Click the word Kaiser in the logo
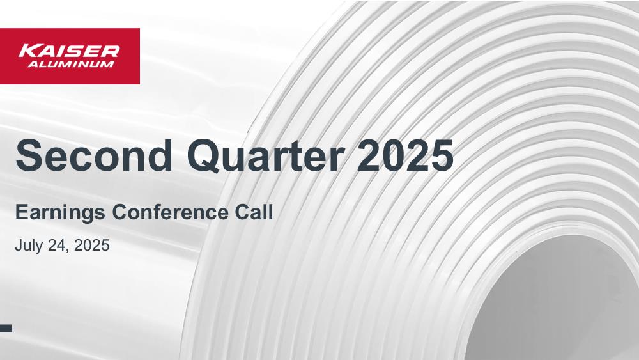pos(69,51)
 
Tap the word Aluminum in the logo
pos(71,64)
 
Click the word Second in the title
pos(94,155)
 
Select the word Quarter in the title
pos(266,156)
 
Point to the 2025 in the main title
pos(405,155)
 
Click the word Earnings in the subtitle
pos(60,213)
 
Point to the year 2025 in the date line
pos(91,246)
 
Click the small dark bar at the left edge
pos(6,328)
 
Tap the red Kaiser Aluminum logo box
pos(70,56)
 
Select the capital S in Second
pos(27,155)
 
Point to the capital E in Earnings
pos(20,212)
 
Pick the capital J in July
pos(19,246)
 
